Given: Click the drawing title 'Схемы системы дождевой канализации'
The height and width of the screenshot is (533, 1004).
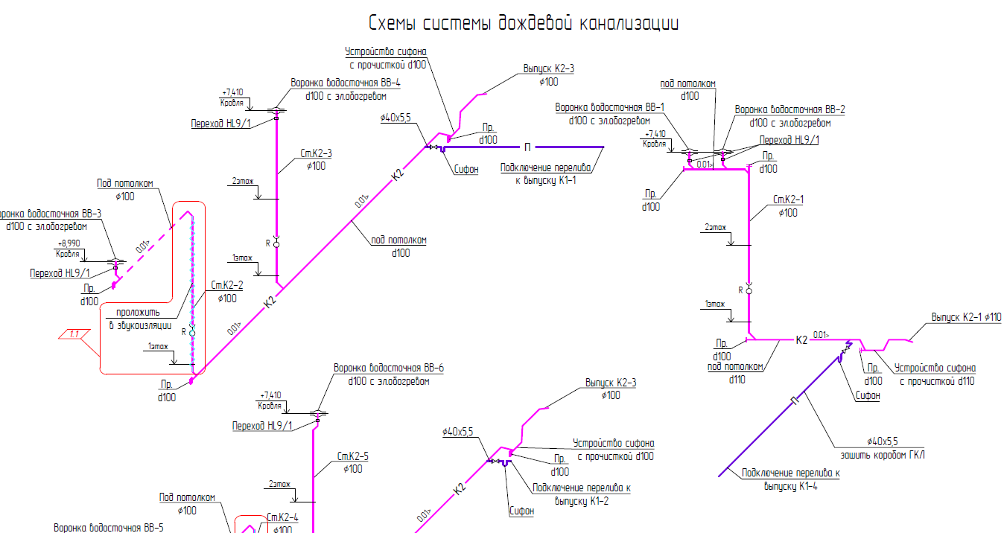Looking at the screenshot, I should [524, 23].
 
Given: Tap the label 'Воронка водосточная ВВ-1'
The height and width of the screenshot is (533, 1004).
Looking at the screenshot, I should [609, 108].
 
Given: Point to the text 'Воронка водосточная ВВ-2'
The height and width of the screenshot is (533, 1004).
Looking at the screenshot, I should [790, 110].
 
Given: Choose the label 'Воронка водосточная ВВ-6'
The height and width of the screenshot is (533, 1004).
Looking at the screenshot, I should [388, 368].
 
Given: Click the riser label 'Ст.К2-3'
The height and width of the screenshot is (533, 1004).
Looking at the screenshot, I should [316, 154].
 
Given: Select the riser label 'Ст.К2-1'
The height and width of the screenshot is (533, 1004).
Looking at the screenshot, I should [788, 200].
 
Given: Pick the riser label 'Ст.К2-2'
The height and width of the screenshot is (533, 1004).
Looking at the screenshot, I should [227, 285].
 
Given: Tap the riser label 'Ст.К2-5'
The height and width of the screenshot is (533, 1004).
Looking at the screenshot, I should [353, 456].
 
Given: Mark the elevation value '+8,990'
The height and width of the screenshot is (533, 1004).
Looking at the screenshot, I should [69, 244].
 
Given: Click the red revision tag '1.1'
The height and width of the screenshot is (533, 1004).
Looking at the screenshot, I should [74, 334].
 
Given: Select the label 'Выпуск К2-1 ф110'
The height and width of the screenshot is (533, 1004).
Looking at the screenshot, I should [966, 318].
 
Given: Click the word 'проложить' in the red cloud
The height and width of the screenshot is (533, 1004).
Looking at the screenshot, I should [138, 313].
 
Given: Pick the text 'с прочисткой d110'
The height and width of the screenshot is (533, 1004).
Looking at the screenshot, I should [936, 381].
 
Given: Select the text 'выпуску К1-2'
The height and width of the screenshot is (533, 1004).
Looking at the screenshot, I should [581, 500].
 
